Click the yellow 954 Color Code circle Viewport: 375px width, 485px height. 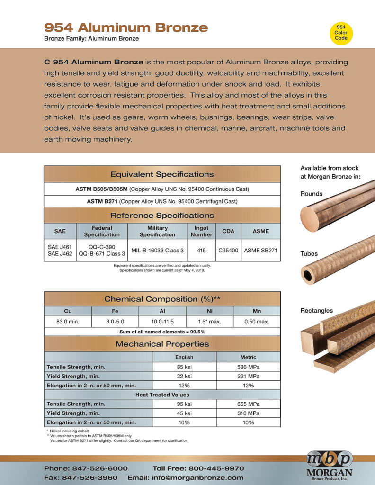(341, 33)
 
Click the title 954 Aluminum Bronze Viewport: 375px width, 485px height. (126, 27)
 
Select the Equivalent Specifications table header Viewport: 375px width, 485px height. (162, 174)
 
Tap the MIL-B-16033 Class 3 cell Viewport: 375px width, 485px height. (158, 250)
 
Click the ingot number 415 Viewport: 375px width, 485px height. (201, 250)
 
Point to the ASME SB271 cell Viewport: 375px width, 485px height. (260, 250)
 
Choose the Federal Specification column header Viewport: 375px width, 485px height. (102, 231)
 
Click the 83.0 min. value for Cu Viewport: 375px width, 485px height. (68, 322)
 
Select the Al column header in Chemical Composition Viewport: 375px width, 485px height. (162, 311)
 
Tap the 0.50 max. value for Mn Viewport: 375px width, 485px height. (257, 322)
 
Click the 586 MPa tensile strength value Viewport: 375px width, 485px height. (248, 367)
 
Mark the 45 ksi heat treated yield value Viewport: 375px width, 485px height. (184, 413)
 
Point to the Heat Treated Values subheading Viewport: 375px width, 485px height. (162, 395)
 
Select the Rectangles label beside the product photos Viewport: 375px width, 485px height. (317, 311)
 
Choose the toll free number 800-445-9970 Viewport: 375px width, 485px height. (198, 468)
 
